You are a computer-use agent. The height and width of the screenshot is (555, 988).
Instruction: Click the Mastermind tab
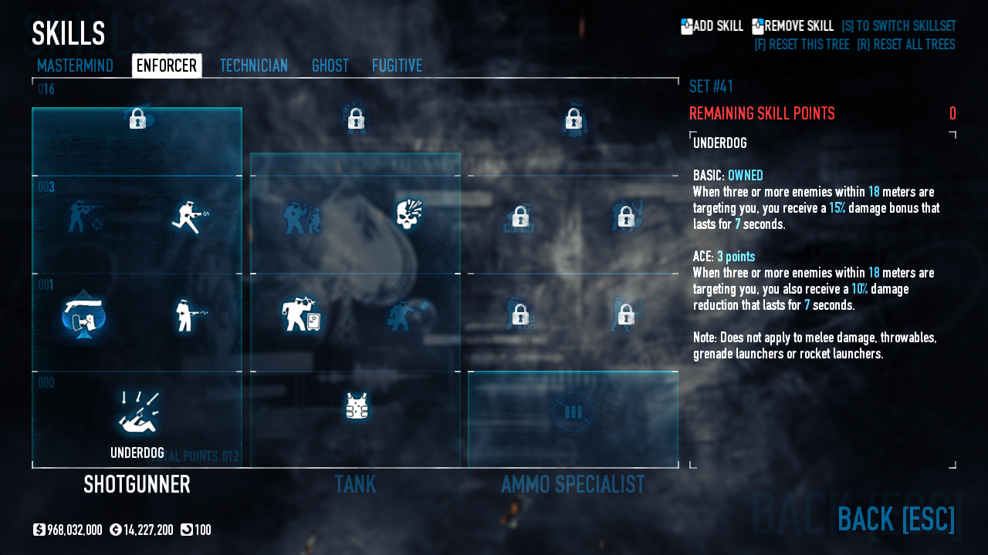click(x=75, y=66)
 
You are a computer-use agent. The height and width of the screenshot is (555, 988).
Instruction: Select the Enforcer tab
click(x=167, y=66)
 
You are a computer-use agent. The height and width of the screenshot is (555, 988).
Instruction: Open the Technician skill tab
click(x=254, y=66)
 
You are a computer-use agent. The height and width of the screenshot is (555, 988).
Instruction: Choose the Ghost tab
click(x=330, y=66)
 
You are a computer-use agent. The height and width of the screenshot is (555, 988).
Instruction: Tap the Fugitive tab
click(x=397, y=66)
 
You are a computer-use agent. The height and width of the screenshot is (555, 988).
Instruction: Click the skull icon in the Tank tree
click(x=409, y=215)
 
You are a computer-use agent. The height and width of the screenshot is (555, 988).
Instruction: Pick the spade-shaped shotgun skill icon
click(x=83, y=315)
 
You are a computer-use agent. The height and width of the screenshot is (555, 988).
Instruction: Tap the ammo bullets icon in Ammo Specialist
click(x=573, y=412)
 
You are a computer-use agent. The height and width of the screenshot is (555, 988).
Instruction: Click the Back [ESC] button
click(x=895, y=519)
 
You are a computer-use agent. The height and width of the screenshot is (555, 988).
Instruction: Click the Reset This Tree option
click(x=801, y=44)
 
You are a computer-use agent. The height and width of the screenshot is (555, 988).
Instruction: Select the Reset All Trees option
click(x=905, y=44)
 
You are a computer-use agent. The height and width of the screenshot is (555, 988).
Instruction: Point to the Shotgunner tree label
click(x=137, y=484)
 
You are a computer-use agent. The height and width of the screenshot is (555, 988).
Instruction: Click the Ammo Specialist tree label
click(x=573, y=484)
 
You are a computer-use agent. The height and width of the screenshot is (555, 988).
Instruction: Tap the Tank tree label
click(x=355, y=484)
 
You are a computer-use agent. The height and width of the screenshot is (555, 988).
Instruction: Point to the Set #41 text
click(x=711, y=86)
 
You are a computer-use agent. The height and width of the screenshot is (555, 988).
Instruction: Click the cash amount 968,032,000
click(x=74, y=530)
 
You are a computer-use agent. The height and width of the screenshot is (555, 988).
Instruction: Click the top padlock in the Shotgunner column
click(x=137, y=118)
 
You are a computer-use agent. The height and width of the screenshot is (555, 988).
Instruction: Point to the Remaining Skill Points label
click(x=762, y=113)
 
